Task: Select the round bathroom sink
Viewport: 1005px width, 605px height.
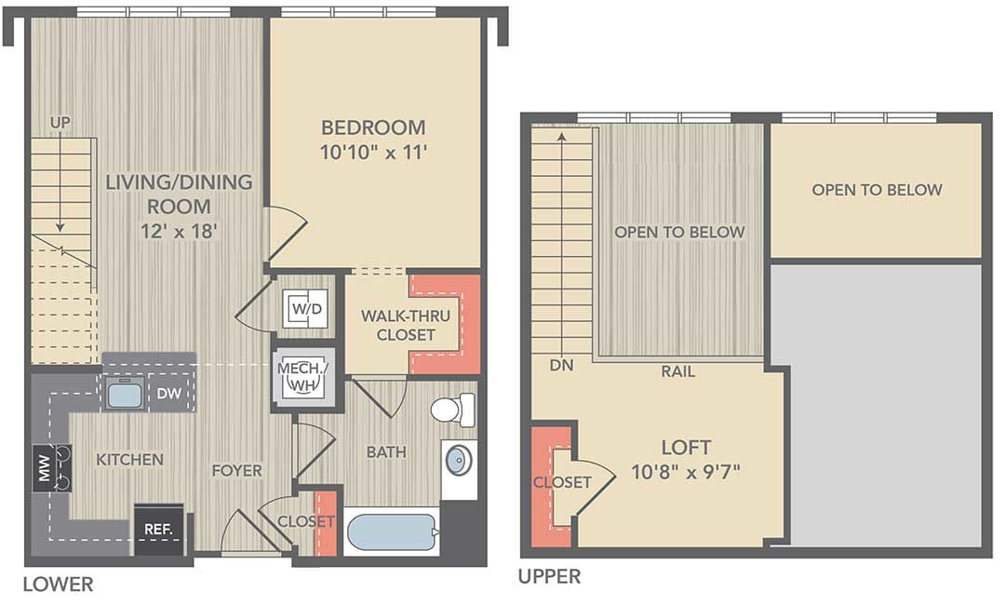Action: (x=459, y=461)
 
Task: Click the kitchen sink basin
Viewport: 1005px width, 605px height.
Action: (x=125, y=392)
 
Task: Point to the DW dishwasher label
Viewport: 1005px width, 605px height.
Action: (x=169, y=393)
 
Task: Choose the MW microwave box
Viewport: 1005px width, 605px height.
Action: (x=45, y=468)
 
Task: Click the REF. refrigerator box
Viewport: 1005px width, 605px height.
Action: (x=159, y=530)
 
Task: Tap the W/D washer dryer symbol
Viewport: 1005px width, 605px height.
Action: (x=307, y=309)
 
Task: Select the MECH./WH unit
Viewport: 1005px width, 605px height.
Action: (x=302, y=378)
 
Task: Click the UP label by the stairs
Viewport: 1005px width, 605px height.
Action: (x=60, y=123)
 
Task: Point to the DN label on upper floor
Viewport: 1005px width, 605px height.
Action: (x=561, y=365)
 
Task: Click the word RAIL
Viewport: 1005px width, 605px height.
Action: (x=678, y=371)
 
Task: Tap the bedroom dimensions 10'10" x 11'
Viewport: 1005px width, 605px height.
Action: (x=374, y=153)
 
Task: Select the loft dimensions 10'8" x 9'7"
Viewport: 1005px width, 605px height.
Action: (x=686, y=472)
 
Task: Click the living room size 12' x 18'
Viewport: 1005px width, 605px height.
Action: (x=180, y=232)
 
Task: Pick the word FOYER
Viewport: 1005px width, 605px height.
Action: (x=237, y=470)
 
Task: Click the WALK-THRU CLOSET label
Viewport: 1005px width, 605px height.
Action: (x=406, y=325)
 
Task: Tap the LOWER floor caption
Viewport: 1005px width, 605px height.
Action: (x=59, y=585)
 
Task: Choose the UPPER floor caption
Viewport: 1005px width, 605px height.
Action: (x=549, y=577)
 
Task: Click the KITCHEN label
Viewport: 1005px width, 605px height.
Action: (x=130, y=460)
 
